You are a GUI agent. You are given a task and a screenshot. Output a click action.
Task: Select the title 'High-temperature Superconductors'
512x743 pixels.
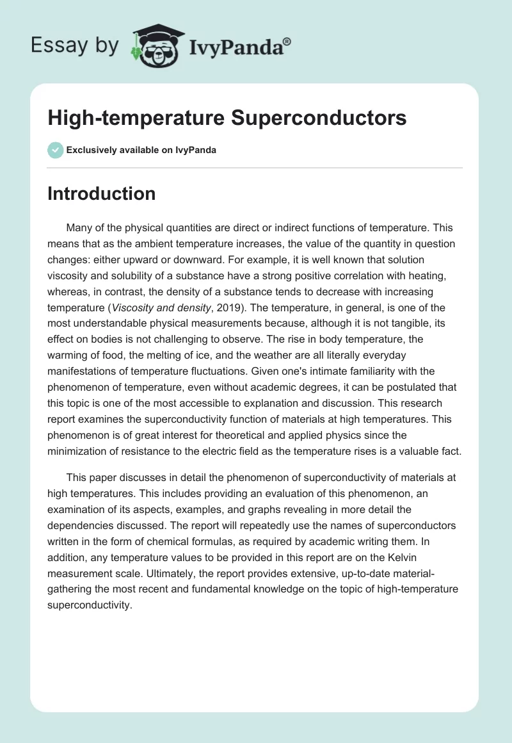(x=227, y=119)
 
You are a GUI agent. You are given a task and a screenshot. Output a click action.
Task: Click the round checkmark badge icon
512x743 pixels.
(x=55, y=150)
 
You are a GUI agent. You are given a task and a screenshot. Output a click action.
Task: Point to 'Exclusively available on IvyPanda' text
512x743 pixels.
(x=141, y=150)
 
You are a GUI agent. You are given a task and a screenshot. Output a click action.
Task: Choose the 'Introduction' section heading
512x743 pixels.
(x=101, y=194)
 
